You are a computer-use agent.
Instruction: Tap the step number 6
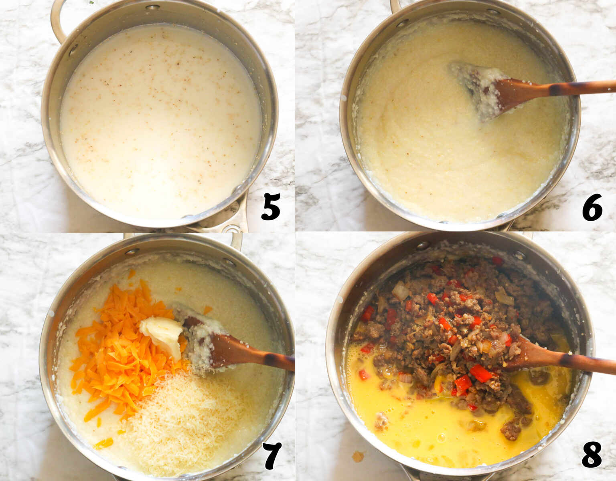click(592, 207)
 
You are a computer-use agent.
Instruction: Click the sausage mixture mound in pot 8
click(454, 326)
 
